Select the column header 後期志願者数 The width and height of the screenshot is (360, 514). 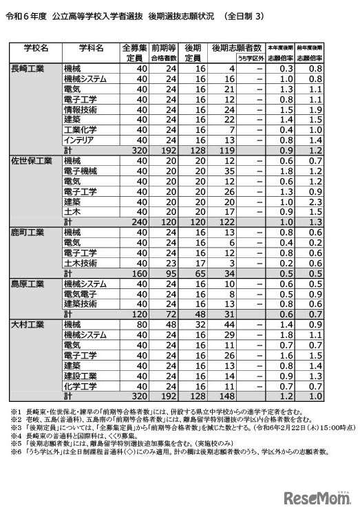point(237,47)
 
